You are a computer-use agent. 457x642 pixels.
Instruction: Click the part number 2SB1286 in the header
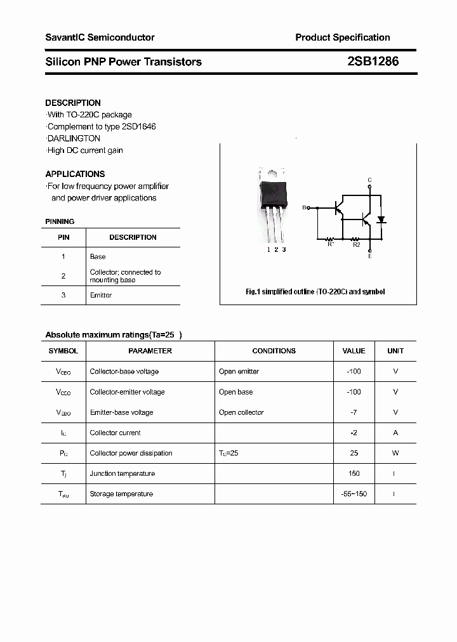coord(373,62)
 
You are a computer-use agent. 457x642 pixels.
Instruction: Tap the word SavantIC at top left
coord(65,37)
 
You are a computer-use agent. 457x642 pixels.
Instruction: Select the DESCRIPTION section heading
coord(73,103)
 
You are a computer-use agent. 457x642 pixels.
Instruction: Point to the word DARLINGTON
coord(74,138)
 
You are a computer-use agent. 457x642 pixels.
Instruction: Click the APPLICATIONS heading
coord(75,174)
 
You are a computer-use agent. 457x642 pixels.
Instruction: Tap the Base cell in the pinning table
coord(98,257)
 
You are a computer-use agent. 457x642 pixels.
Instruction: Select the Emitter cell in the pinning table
coord(101,295)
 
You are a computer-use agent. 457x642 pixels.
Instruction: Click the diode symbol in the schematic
coord(381,220)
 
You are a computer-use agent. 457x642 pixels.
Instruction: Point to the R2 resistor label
coord(356,244)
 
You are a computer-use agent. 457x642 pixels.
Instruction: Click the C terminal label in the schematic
coord(370,180)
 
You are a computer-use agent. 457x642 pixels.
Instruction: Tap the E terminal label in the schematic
coord(370,256)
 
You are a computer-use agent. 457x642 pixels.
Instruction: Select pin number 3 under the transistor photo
coord(284,249)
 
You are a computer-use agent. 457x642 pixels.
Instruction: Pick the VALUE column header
coord(354,351)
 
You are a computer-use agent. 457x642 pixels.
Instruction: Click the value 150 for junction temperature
coord(354,473)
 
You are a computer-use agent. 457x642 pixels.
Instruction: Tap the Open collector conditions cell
coord(241,412)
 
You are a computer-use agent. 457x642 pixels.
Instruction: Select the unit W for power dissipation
coord(395,453)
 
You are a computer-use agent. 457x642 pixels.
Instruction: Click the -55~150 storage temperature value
coord(354,494)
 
